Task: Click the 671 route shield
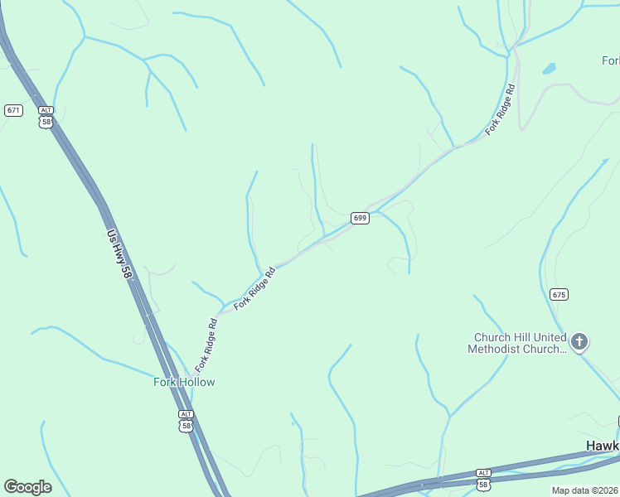tap(13, 110)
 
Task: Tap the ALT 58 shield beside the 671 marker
tap(46, 116)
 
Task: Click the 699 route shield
tap(359, 218)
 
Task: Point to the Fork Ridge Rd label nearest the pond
tap(501, 110)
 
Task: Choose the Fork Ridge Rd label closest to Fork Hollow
tap(206, 345)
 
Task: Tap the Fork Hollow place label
tap(184, 382)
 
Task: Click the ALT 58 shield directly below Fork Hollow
tap(186, 420)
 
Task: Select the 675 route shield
tap(559, 294)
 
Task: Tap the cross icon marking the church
tap(579, 340)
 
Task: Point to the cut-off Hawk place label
tap(603, 446)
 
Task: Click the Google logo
tap(27, 487)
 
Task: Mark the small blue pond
tap(549, 69)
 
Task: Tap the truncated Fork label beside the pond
tap(610, 60)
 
